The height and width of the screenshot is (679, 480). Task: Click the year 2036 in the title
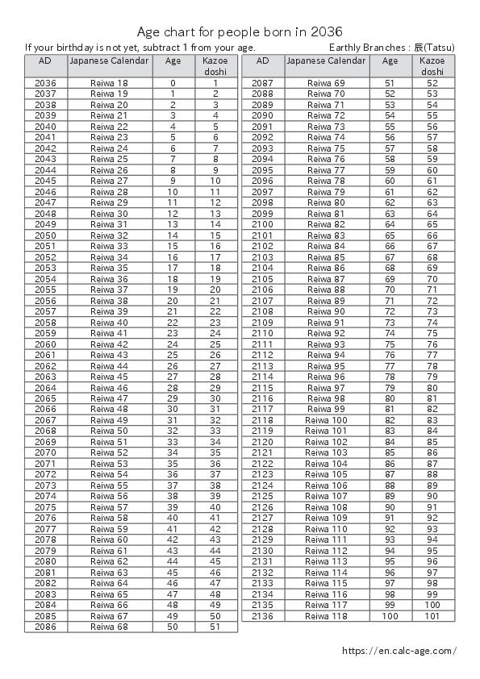(x=327, y=31)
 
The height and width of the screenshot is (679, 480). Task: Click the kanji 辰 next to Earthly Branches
(x=419, y=48)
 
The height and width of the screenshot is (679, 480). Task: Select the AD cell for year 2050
(x=46, y=235)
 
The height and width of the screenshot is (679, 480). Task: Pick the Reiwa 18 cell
(x=110, y=83)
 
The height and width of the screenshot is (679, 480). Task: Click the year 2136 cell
(x=263, y=615)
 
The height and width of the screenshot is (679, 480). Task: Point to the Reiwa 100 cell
(x=327, y=420)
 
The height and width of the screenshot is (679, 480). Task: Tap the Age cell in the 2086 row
(x=173, y=626)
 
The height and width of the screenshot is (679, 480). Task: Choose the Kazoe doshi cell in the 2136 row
(x=432, y=615)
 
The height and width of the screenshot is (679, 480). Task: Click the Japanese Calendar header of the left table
(x=110, y=60)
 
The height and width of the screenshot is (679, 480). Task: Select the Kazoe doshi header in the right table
(x=432, y=66)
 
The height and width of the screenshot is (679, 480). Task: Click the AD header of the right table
(x=263, y=60)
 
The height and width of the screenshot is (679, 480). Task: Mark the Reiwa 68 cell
(x=110, y=626)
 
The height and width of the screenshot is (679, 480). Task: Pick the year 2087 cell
(x=263, y=83)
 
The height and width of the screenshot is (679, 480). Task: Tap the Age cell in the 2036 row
(x=173, y=83)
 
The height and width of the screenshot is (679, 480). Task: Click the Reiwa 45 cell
(x=110, y=377)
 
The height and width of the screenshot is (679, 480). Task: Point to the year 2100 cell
(x=263, y=224)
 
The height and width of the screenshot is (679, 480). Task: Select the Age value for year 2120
(x=390, y=442)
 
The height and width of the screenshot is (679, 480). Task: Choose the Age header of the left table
(x=173, y=60)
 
